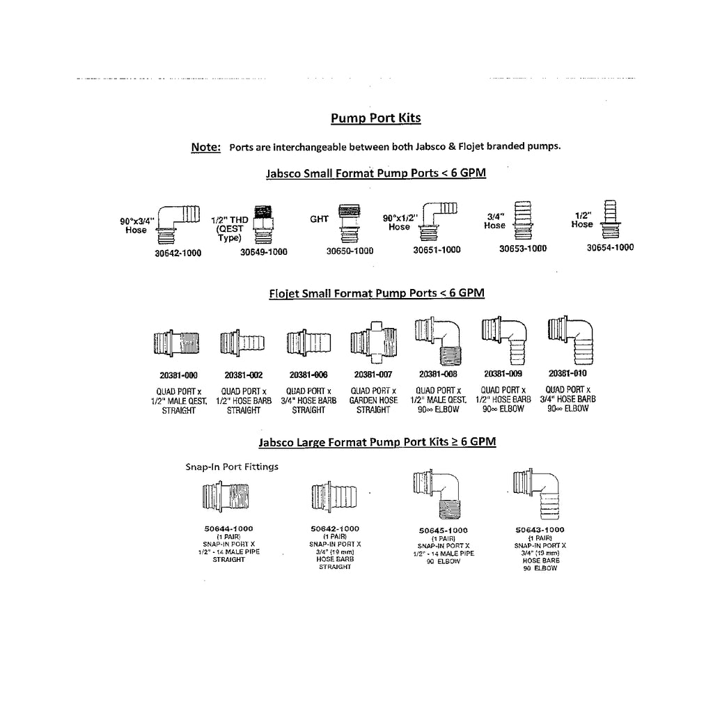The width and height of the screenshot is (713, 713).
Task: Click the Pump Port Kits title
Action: [x=375, y=118]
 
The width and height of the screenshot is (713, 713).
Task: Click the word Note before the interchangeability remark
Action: [x=205, y=147]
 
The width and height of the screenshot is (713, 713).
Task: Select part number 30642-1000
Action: [x=178, y=253]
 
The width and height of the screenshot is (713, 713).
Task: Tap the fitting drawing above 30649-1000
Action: [x=263, y=221]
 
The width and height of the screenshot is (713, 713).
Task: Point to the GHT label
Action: [x=319, y=219]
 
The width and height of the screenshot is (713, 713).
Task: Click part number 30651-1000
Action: [x=437, y=250]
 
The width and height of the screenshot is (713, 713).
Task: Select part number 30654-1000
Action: [x=610, y=247]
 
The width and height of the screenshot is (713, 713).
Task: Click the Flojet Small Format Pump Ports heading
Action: [x=376, y=293]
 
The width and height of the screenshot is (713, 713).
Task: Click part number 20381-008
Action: [x=438, y=374]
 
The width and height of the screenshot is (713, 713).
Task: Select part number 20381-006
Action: [x=308, y=375]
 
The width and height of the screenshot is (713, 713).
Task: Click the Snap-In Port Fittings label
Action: [x=231, y=467]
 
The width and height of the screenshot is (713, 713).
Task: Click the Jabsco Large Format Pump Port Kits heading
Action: [x=377, y=441]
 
